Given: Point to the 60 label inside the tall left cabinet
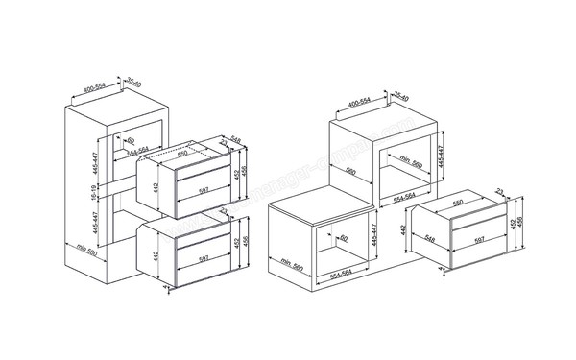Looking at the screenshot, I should (129, 142).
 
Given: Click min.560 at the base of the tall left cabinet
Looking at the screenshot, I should (90, 252).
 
